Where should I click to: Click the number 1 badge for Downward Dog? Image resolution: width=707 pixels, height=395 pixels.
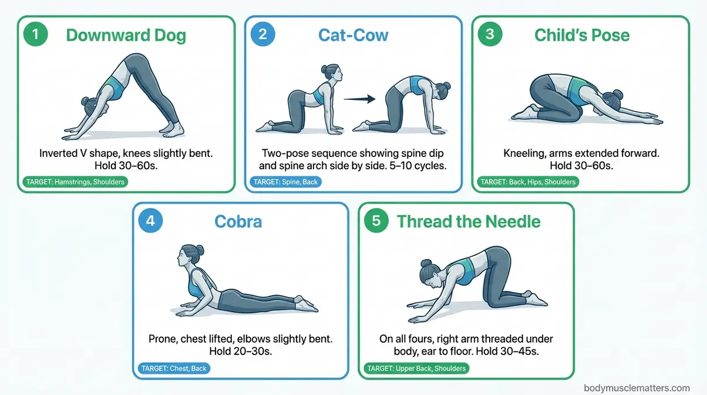coord(36,34)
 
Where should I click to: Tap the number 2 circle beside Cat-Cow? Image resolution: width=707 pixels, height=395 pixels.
coord(262,34)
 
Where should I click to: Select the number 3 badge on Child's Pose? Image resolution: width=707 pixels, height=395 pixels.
coord(490,34)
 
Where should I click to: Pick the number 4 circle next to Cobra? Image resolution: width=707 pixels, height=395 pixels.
coord(150,221)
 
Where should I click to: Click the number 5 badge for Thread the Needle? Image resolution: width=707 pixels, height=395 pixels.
coord(376,221)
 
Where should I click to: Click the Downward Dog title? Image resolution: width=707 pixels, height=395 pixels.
coord(126,35)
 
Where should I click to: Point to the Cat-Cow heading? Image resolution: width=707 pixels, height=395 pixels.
coord(353,35)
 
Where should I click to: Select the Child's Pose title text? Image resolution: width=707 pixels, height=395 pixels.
coord(581,35)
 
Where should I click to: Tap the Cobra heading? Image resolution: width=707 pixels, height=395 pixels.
coord(238,222)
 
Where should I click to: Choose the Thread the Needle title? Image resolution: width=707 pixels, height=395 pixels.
coord(468,222)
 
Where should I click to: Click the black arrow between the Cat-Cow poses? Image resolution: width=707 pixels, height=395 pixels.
coord(360,99)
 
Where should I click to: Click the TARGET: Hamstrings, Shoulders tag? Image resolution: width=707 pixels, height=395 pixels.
coord(75,182)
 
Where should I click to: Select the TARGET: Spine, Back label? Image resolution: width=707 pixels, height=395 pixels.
coord(285,182)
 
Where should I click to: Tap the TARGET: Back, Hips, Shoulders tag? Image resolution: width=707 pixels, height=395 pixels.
coord(528,182)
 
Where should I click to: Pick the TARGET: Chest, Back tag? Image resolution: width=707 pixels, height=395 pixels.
coord(174,369)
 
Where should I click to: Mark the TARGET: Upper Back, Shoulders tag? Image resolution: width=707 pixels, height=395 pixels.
coord(416,369)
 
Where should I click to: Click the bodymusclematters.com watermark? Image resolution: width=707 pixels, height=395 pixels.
coord(637,388)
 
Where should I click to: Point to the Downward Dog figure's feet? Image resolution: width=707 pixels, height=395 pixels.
coord(170,128)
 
